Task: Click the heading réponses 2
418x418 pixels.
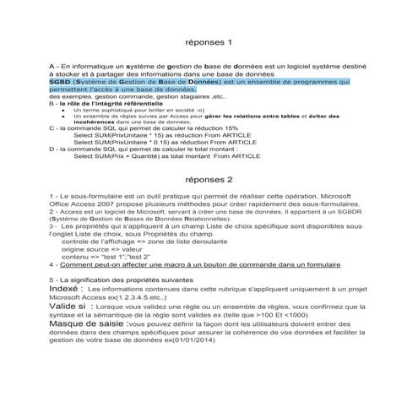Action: click(x=208, y=179)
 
